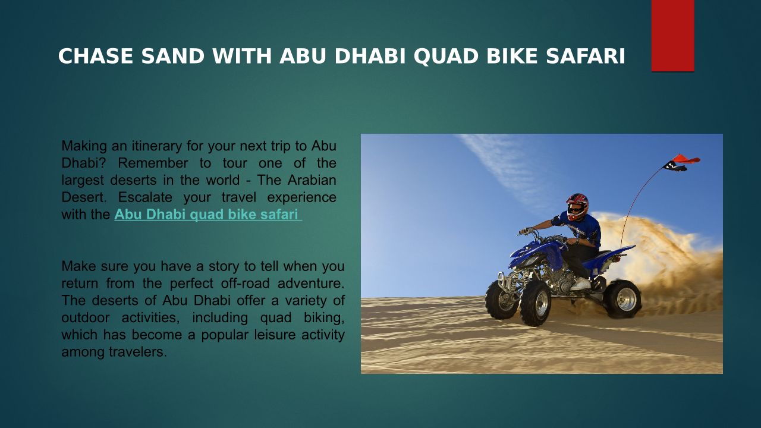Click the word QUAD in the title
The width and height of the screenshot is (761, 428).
[x=445, y=56]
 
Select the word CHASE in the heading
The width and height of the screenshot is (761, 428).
[x=96, y=56]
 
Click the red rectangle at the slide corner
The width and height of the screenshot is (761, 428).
[x=672, y=36]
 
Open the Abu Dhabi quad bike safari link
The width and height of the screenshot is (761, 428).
[x=208, y=215]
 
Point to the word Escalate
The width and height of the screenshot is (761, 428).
[x=145, y=197]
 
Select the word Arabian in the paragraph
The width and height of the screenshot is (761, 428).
[x=312, y=180]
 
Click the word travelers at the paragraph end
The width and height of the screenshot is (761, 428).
[x=138, y=352]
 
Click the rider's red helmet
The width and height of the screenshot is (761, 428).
[x=577, y=206]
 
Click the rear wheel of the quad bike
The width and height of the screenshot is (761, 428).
[x=622, y=299]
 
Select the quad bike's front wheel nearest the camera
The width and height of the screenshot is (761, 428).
[x=535, y=303]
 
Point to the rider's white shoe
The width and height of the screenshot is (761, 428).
[x=581, y=284]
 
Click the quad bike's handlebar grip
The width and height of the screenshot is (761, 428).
[x=524, y=231]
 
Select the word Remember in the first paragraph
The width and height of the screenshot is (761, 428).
[x=153, y=163]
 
